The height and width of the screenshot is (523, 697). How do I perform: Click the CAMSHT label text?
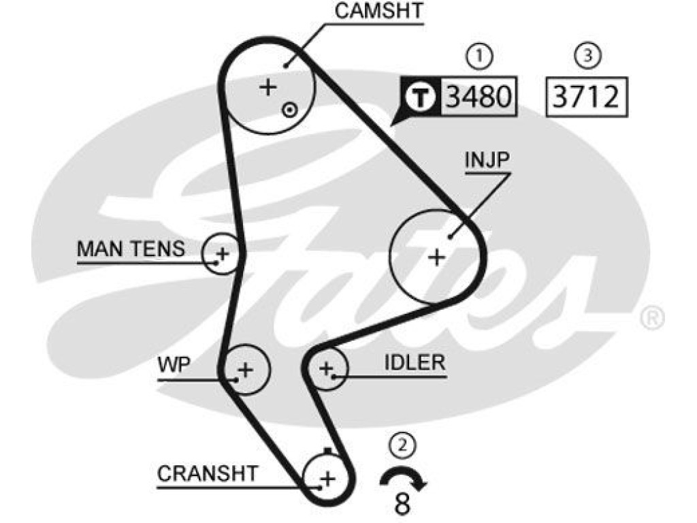[x=378, y=11]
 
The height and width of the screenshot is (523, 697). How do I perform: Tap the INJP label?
[x=487, y=159]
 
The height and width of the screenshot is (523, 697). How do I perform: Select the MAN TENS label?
[x=131, y=249]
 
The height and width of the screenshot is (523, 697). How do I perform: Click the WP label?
[x=174, y=365]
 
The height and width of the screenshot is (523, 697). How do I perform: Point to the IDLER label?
[x=415, y=363]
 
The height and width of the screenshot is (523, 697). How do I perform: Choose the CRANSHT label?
[x=208, y=474]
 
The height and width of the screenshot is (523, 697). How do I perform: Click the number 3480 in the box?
[x=479, y=97]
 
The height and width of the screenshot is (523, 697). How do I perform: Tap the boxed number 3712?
[x=586, y=97]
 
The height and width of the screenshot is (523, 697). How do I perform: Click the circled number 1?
[x=479, y=57]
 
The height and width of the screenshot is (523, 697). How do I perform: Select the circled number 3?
[x=587, y=56]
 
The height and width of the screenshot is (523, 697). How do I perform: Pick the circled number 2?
[x=403, y=445]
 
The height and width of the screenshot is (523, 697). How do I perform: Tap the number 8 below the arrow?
[x=402, y=504]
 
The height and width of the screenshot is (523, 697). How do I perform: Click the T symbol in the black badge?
[x=421, y=97]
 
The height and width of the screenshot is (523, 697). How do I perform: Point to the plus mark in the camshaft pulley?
[x=268, y=86]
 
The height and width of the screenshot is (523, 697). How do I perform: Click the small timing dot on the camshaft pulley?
[x=289, y=110]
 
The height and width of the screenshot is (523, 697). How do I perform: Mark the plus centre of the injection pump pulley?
[x=436, y=257]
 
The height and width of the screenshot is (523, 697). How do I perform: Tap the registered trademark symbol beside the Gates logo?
[x=652, y=318]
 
